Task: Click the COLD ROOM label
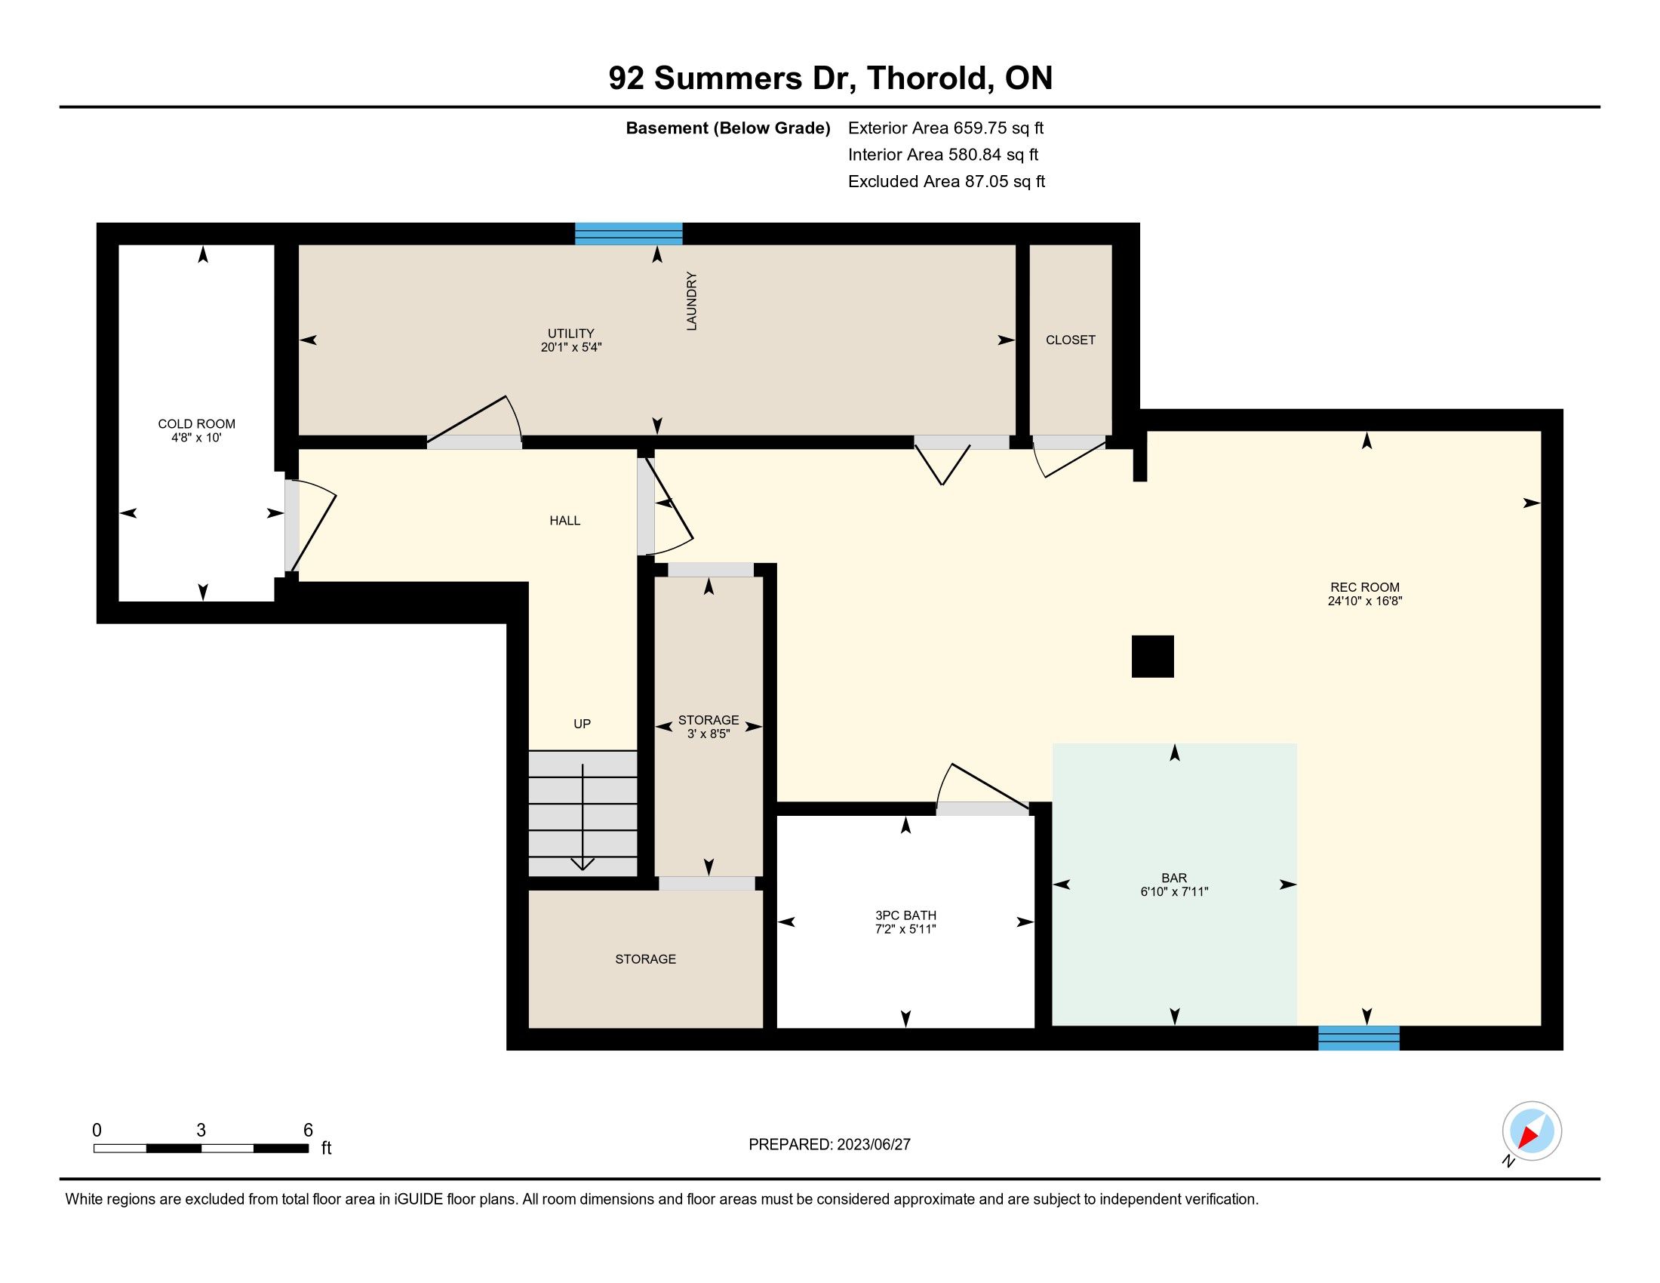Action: pos(196,423)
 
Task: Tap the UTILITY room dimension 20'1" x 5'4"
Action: pos(571,347)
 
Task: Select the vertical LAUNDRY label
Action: pos(692,301)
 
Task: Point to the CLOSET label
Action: pos(1070,340)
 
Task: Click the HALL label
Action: pos(564,521)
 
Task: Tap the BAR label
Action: pos(1174,878)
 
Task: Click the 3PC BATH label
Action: pos(905,915)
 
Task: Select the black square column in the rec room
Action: pos(1152,657)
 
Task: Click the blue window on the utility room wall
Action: pos(629,233)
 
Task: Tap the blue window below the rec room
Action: pos(1358,1038)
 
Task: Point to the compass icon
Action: pos(1531,1132)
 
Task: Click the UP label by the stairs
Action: pos(583,724)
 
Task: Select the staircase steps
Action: pos(583,814)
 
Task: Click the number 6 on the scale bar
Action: pos(308,1130)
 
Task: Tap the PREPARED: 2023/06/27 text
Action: pos(829,1144)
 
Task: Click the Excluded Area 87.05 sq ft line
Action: pos(946,182)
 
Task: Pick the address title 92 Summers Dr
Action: pos(733,78)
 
